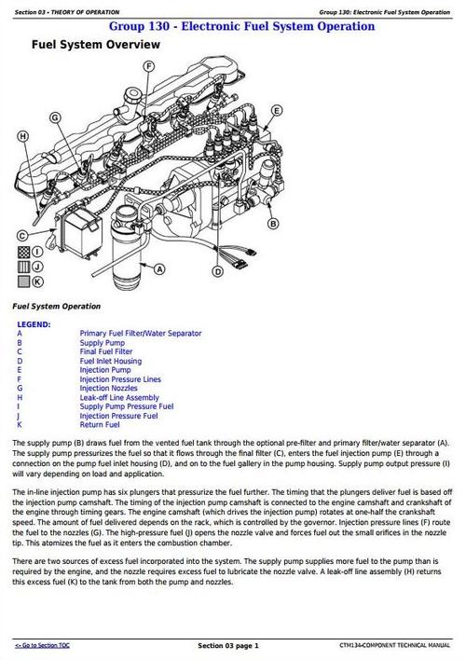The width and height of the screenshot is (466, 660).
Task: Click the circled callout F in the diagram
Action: click(x=148, y=66)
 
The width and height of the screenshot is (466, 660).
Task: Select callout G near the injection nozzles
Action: click(x=55, y=118)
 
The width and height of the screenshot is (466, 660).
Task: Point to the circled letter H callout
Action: click(x=22, y=137)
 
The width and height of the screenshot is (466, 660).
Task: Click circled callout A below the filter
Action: click(x=159, y=269)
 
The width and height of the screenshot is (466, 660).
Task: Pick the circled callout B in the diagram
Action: click(x=272, y=225)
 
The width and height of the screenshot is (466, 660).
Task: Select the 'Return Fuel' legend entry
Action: click(x=100, y=426)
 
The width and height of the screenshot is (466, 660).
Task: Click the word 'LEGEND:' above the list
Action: click(x=34, y=323)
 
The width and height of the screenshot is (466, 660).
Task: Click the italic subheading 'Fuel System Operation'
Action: click(x=57, y=306)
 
